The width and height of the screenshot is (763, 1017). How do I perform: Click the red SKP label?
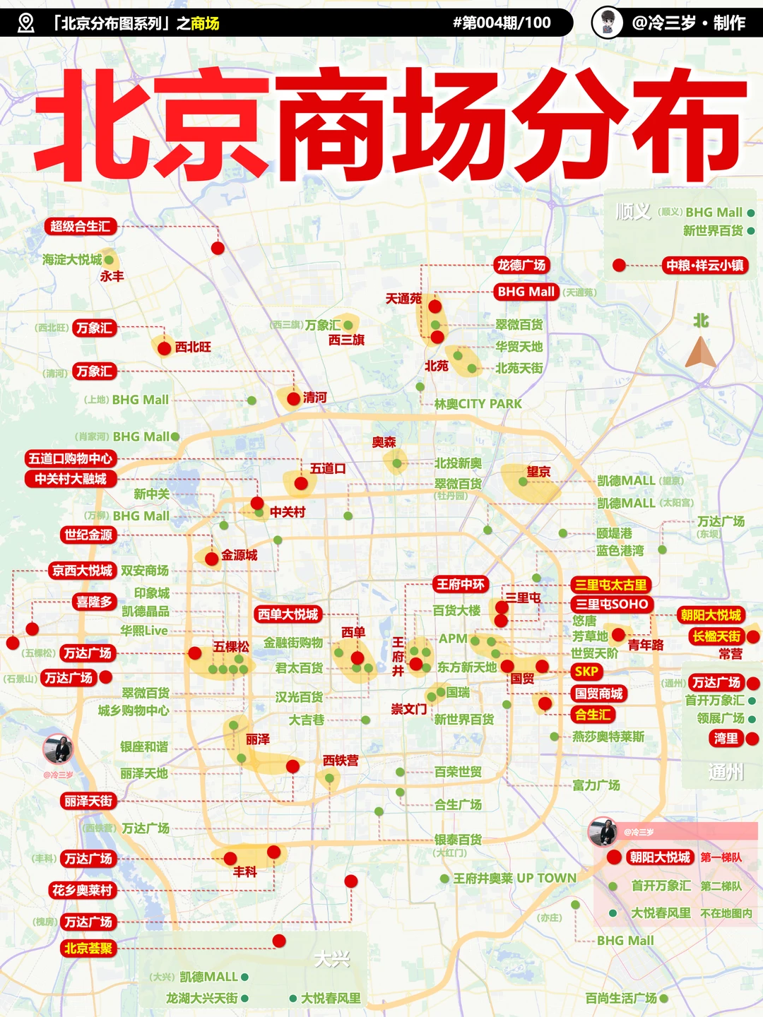pyautogui.click(x=586, y=672)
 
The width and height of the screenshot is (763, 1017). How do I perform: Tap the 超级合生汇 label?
pyautogui.click(x=80, y=227)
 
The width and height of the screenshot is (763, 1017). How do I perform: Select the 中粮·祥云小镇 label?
pyautogui.click(x=704, y=266)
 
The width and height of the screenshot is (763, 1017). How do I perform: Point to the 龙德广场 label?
pyautogui.click(x=521, y=266)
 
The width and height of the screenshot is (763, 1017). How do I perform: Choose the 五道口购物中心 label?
pyautogui.click(x=70, y=458)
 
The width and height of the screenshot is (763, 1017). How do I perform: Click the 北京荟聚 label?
pyautogui.click(x=88, y=948)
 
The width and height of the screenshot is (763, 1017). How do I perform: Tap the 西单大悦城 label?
pyautogui.click(x=288, y=614)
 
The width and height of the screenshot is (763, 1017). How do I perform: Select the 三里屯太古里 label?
pyautogui.click(x=610, y=585)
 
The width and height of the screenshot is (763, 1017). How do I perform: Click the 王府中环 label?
pyautogui.click(x=461, y=584)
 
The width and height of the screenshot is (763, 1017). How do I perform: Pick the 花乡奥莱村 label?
pyautogui.click(x=82, y=891)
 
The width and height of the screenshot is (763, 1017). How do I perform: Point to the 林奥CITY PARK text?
pyautogui.click(x=478, y=404)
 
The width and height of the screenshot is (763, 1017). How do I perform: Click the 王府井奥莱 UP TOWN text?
pyautogui.click(x=514, y=879)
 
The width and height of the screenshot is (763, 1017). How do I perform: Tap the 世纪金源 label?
pyautogui.click(x=88, y=535)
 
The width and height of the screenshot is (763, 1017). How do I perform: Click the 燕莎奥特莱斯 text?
pyautogui.click(x=608, y=737)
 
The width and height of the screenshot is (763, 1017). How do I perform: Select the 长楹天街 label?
pyautogui.click(x=716, y=636)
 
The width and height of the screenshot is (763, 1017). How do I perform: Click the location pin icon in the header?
pyautogui.click(x=25, y=23)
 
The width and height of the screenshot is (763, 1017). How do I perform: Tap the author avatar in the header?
pyautogui.click(x=606, y=23)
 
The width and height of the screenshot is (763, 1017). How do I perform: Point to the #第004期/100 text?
pyautogui.click(x=502, y=23)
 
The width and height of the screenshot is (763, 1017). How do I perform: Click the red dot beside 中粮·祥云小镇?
pyautogui.click(x=620, y=266)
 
